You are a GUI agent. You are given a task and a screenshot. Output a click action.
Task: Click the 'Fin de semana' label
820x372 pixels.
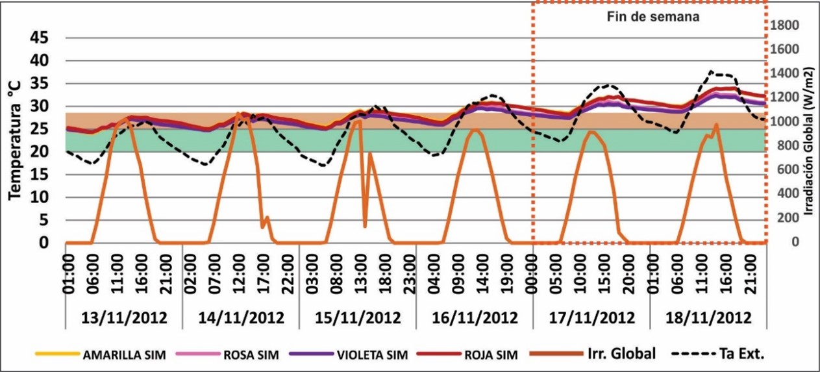[649, 18]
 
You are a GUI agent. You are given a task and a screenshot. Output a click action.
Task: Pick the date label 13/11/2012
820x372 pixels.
[124, 319]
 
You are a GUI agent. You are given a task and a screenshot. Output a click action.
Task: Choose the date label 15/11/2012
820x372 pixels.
[357, 319]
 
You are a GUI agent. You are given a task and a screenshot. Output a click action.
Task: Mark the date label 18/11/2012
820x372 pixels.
[707, 319]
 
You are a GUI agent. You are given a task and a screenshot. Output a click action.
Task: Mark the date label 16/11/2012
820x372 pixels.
[474, 319]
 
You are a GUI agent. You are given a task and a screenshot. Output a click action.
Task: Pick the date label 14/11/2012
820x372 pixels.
[240, 319]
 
